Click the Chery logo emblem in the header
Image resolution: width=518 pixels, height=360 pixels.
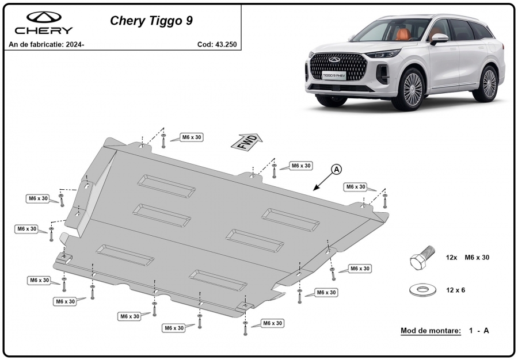coord(44,17)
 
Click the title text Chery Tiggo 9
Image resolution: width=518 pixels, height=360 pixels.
coord(151,21)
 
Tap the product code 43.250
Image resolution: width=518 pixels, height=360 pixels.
coord(226,44)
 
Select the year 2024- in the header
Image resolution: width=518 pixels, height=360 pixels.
coord(75,44)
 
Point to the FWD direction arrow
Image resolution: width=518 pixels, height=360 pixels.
coord(247,142)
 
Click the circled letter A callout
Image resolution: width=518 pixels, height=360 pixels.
coord(336,170)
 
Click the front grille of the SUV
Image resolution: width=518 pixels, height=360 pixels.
coord(338,66)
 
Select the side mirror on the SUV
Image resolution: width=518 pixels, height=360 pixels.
coord(440,39)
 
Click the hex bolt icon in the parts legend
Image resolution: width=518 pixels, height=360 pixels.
coord(421,257)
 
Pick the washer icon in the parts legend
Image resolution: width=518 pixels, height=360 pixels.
coord(422,290)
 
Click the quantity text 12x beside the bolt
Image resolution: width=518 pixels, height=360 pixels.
coord(451,258)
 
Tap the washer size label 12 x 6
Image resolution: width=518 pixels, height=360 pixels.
coord(455,290)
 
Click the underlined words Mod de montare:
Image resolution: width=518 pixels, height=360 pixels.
coord(431,330)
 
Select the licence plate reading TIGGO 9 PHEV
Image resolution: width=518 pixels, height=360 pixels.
coord(334,75)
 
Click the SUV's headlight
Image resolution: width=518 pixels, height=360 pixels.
coord(383,53)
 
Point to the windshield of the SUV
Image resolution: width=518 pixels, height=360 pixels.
coord(390,30)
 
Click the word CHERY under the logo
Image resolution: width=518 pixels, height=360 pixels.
coord(43,30)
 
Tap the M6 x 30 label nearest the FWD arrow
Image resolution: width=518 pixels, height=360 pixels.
coord(192,137)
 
